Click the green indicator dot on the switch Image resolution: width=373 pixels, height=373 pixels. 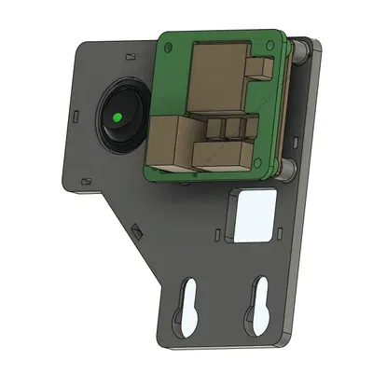point(117,118)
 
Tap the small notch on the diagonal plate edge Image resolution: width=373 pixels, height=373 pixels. point(137,228)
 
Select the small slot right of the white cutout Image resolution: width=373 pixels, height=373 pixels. point(277,225)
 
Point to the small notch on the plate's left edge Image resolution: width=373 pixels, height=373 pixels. point(75,117)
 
